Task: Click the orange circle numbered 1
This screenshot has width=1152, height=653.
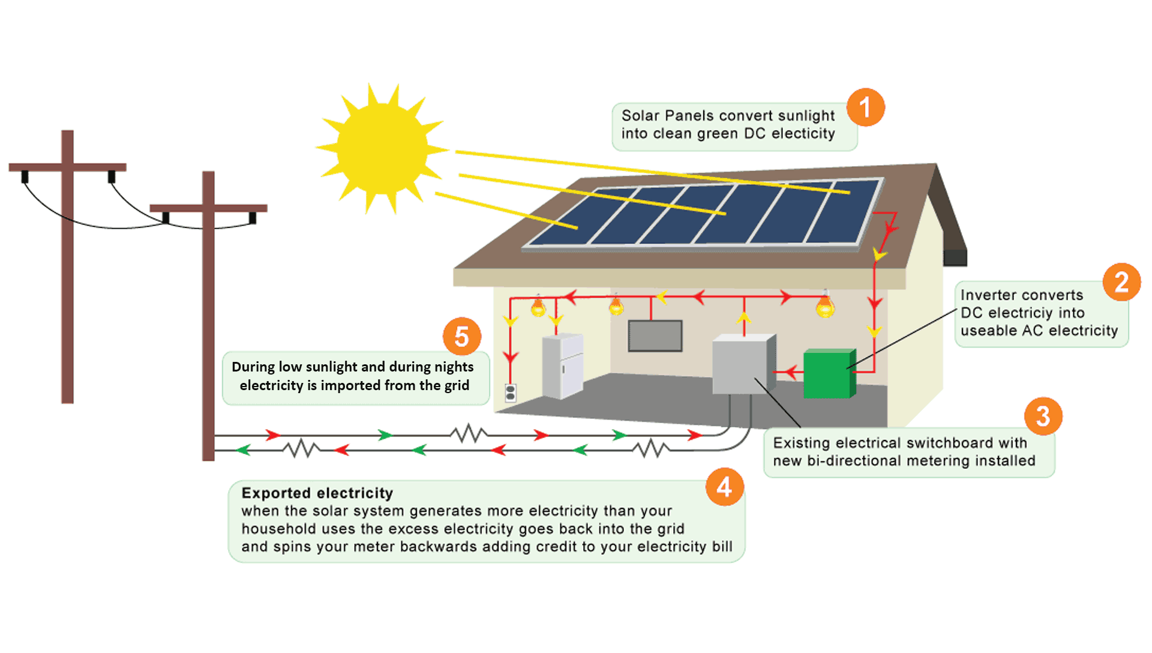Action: [865, 107]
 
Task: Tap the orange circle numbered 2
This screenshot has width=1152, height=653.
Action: [1121, 282]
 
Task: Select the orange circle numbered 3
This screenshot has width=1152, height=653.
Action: [1043, 416]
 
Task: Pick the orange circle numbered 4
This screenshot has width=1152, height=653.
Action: [724, 487]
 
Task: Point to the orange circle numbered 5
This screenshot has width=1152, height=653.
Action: [461, 336]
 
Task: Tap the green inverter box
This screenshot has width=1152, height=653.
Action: [828, 375]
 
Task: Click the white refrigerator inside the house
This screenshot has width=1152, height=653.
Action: [562, 366]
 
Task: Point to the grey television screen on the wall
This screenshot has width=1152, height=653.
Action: [655, 336]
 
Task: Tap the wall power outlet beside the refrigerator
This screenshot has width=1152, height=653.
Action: [511, 393]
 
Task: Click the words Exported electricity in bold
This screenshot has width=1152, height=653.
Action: [317, 493]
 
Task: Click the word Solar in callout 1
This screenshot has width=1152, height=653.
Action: [640, 115]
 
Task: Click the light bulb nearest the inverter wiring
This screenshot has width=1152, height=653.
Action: [825, 306]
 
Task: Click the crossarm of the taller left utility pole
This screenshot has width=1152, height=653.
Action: [67, 167]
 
